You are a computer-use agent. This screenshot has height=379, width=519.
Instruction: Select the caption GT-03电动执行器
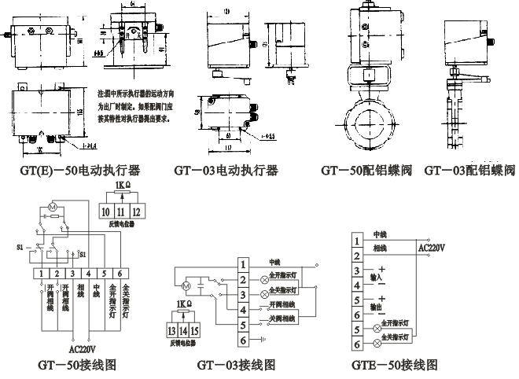click(x=226, y=170)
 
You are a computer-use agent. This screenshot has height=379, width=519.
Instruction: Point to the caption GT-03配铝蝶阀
click(x=469, y=170)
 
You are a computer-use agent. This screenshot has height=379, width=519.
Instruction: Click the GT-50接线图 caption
click(x=78, y=365)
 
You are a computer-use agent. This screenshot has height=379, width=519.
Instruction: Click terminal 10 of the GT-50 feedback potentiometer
click(x=105, y=211)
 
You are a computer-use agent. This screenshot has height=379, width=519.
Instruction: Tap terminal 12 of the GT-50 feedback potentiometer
click(x=136, y=211)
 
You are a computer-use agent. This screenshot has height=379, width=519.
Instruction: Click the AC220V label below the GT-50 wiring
click(x=85, y=349)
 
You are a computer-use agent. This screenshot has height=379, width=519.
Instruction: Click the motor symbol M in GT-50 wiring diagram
click(x=53, y=206)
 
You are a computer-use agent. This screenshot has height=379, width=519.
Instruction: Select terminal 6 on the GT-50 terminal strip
click(x=119, y=273)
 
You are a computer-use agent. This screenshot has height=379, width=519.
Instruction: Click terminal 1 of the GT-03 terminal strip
click(x=245, y=263)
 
